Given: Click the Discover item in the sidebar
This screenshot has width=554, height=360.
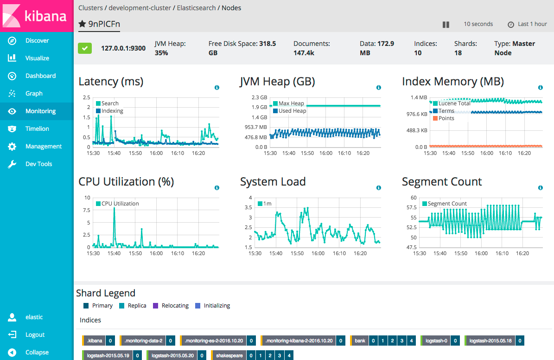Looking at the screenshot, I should (x=37, y=40).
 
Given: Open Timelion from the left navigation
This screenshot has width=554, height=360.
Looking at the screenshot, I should (x=37, y=129).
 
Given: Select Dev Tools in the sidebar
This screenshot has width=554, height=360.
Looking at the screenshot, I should (x=38, y=164).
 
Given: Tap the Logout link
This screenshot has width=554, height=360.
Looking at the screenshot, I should (x=35, y=334).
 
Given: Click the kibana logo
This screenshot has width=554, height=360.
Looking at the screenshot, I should (x=37, y=16).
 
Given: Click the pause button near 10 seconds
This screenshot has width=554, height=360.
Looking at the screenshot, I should (x=446, y=25).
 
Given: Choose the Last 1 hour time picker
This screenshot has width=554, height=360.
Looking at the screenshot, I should (x=528, y=24).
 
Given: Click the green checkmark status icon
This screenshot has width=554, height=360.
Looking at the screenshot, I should (x=85, y=48).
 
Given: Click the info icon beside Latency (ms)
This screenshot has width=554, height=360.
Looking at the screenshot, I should (x=217, y=88).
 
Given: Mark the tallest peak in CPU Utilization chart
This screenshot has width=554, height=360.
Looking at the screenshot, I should (x=114, y=209).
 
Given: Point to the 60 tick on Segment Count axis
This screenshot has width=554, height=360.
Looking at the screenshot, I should (x=414, y=198).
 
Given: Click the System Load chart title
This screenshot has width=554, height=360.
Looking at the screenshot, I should (x=273, y=182).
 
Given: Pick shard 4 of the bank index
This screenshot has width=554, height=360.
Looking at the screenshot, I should (x=411, y=341).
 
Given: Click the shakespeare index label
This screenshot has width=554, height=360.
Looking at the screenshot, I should (x=229, y=356).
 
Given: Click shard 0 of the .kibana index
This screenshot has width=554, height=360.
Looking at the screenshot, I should (x=110, y=341).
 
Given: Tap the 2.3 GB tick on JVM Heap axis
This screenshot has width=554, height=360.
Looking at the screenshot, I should (x=260, y=97).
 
